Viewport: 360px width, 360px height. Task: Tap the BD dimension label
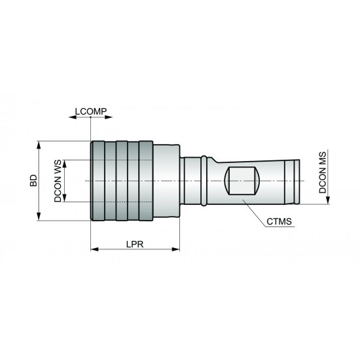click(x=33, y=181)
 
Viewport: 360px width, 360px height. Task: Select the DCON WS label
click(x=58, y=181)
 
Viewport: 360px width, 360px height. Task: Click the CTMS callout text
click(x=279, y=222)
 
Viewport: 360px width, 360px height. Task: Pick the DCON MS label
click(x=323, y=171)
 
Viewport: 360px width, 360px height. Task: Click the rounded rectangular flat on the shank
click(x=240, y=181)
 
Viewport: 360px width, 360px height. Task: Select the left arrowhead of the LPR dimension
click(x=93, y=249)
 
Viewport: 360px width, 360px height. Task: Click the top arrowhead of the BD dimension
click(x=39, y=143)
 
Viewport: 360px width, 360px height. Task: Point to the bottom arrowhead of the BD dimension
click(x=39, y=218)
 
